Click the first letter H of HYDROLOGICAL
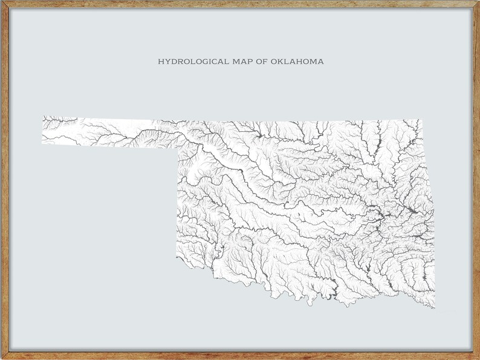[x=161, y=62]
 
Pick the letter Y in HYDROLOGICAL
[x=167, y=62]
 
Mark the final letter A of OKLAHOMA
[x=320, y=62]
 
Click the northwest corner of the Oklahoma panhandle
[x=42, y=117]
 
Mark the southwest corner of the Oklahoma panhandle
[x=42, y=143]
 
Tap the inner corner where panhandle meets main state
[x=177, y=147]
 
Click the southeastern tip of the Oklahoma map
[x=434, y=308]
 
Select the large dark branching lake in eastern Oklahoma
[x=381, y=215]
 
